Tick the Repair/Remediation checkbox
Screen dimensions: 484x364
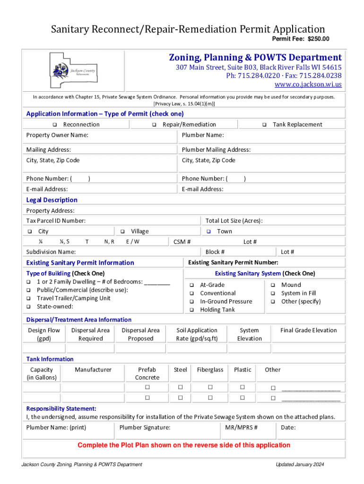[154, 125]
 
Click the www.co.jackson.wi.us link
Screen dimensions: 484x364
[308, 85]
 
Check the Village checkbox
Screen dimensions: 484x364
[122, 232]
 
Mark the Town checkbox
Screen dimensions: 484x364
[209, 232]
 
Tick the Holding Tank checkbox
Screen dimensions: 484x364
[192, 310]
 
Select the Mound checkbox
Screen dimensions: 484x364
[273, 285]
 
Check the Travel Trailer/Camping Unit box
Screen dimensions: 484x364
[29, 299]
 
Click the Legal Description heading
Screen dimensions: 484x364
[52, 200]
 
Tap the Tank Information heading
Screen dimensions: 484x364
[50, 359]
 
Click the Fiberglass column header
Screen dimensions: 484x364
[210, 370]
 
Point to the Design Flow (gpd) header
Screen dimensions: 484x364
[44, 334]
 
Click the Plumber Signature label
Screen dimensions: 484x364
[145, 428]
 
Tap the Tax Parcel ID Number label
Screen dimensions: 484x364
[56, 221]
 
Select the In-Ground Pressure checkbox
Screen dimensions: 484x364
[192, 302]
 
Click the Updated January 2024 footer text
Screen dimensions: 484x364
[300, 465]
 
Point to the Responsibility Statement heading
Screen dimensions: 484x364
[61, 408]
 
